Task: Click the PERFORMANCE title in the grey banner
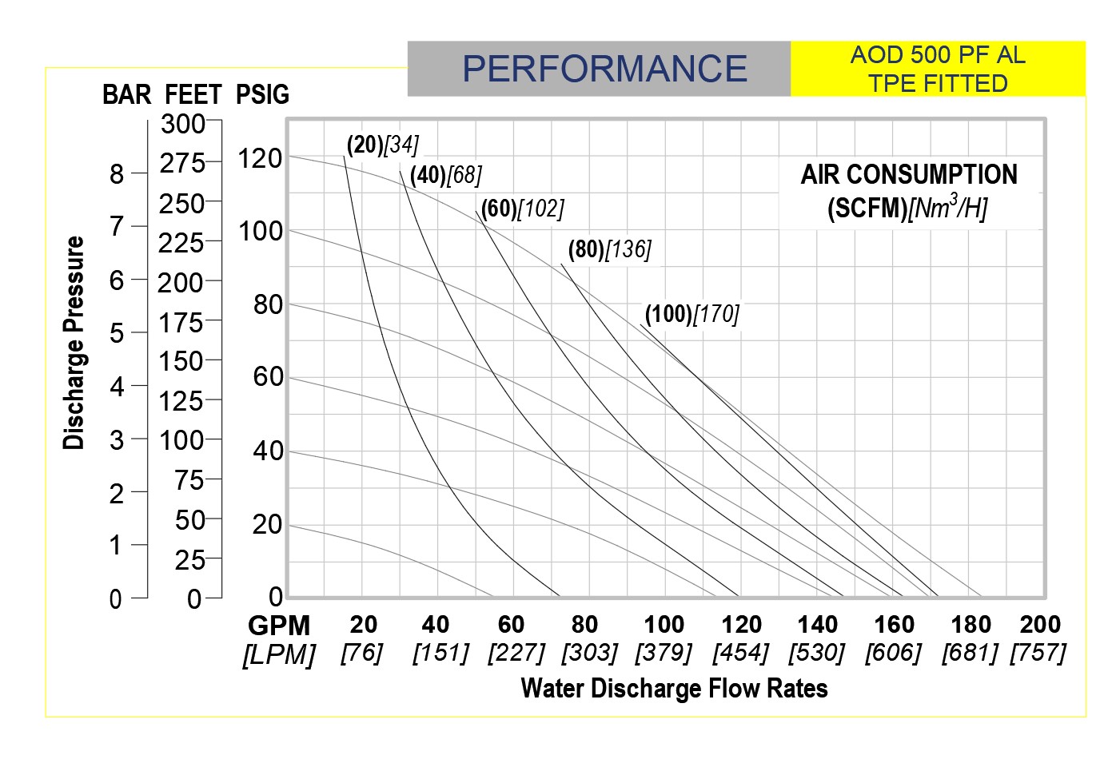coord(604,69)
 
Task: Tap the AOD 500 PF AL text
coord(937,55)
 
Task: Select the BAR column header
coord(126,95)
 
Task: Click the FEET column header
coord(193,95)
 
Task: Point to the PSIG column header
coord(262,95)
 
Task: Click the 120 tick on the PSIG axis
coord(260,158)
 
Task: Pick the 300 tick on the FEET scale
coord(183,124)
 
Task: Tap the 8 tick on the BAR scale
coord(117,173)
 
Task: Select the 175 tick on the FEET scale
coord(181,322)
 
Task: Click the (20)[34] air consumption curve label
coord(382,145)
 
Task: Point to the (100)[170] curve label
coord(692,314)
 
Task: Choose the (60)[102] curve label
coord(522,209)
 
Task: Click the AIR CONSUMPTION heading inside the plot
coord(909,175)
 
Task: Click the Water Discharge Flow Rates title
coord(674,689)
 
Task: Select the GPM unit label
coord(279,626)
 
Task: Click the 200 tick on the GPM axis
coord(1040,624)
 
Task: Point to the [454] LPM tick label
coord(740,653)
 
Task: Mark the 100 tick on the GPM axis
coord(664,624)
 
